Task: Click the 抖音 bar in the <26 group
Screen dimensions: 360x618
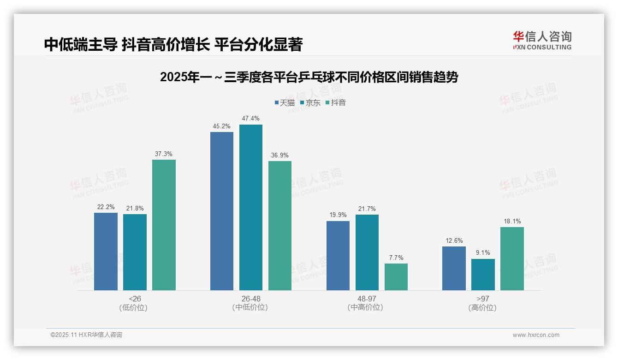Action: (164, 225)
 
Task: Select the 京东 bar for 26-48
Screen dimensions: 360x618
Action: (250, 207)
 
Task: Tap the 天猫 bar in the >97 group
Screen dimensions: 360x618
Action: (454, 268)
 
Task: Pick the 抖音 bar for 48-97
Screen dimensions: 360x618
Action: (396, 277)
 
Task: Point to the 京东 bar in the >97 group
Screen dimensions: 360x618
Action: (483, 275)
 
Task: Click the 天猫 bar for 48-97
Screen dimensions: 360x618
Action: (338, 256)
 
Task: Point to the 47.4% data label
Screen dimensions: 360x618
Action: (250, 119)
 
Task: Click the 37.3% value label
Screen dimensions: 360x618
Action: (164, 154)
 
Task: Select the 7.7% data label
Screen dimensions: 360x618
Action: (396, 258)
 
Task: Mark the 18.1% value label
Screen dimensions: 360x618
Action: (512, 221)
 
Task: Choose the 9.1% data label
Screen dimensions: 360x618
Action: (483, 253)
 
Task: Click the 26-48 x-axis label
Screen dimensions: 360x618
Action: (250, 303)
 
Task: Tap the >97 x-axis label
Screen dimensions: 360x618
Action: (483, 303)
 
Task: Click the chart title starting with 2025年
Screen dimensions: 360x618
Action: (309, 77)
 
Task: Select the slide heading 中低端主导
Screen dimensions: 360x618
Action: (173, 44)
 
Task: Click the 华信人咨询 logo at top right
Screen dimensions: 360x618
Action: (542, 40)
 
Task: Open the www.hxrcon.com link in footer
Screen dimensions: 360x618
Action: (536, 335)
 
